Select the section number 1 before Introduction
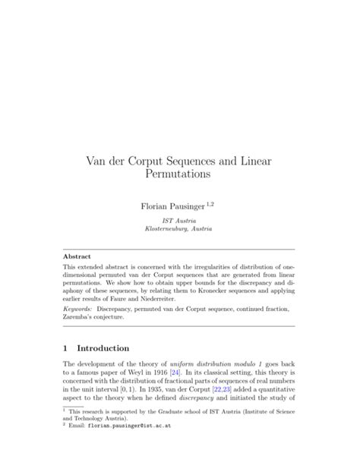(x=65, y=348)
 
